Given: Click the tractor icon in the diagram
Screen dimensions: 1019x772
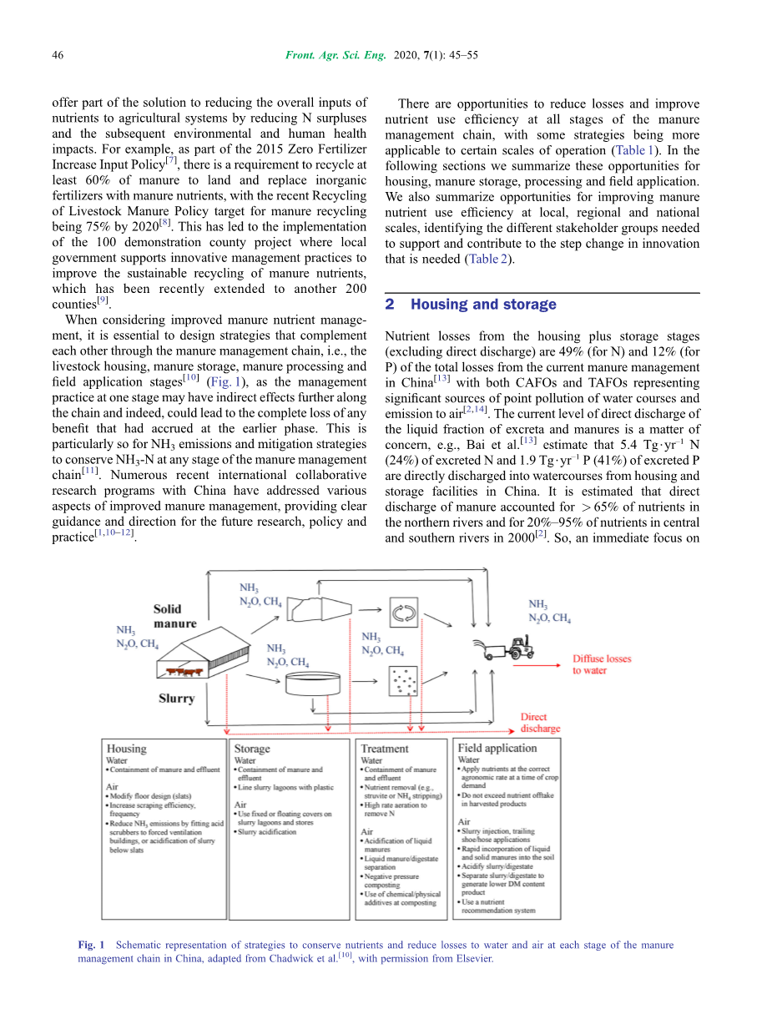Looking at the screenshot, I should tap(510, 648).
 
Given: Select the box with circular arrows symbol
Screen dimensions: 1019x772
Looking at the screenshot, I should tap(403, 613).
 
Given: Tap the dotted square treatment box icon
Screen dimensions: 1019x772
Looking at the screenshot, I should tap(403, 683).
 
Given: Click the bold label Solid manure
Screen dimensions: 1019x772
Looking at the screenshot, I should tap(174, 616).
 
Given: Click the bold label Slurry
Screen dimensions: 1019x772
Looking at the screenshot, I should tap(176, 699).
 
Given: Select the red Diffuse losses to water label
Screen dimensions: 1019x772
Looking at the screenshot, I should tap(601, 664).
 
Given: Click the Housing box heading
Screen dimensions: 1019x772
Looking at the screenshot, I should tap(126, 749).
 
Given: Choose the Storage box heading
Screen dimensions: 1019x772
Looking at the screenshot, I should tap(252, 749).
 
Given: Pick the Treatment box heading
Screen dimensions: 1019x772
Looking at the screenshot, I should tap(385, 749).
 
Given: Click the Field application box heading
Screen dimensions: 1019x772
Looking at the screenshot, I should tap(497, 749).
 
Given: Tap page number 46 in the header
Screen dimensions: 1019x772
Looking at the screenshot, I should tap(58, 55).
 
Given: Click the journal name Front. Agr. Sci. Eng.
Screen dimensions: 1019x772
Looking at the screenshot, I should tap(336, 55).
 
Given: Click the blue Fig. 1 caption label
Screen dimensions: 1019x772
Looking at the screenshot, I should tap(91, 946).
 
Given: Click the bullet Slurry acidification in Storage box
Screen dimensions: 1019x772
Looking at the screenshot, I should tap(267, 832).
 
